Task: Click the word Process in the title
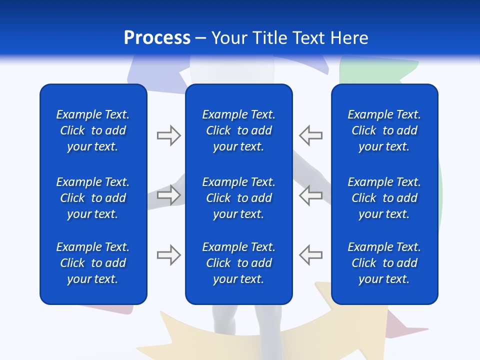157,38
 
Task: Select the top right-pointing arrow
168,135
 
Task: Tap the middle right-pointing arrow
168,195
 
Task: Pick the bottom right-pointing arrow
168,255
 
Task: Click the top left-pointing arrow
311,135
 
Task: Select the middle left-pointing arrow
311,195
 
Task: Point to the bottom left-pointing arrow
311,255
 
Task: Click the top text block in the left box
93,130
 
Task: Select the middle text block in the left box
93,198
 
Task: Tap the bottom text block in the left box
93,263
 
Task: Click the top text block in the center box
239,130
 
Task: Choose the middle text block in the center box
239,198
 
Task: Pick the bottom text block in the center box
239,263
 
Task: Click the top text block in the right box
384,130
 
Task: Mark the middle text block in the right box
384,198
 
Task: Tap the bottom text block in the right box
384,263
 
